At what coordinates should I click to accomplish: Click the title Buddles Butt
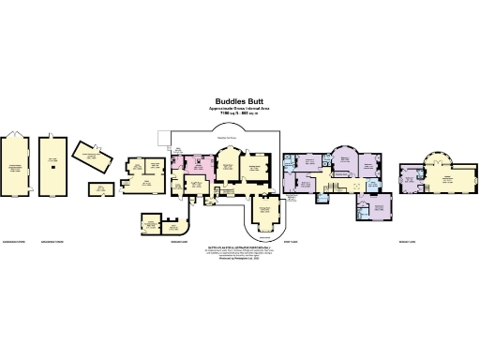[239, 101]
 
